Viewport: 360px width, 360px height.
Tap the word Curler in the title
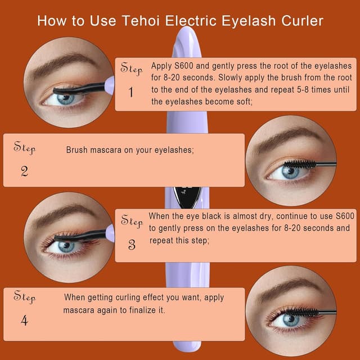(303, 21)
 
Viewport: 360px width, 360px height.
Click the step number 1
(131, 92)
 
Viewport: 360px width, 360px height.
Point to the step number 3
(132, 245)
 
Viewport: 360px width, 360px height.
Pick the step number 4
(24, 320)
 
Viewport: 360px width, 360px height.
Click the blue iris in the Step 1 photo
(65, 98)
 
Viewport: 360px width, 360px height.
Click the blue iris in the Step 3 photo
(66, 246)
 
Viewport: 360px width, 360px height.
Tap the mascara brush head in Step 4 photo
(304, 311)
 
